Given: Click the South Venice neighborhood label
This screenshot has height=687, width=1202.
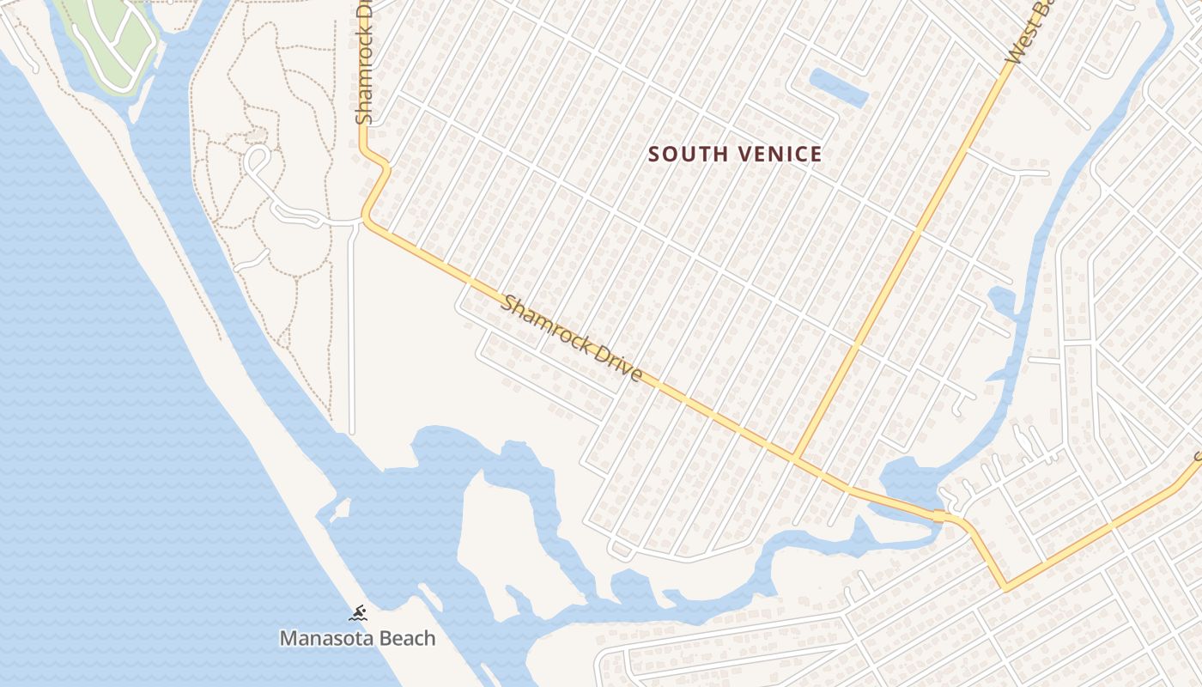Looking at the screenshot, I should [735, 155].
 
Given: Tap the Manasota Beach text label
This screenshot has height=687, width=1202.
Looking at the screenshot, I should [357, 638].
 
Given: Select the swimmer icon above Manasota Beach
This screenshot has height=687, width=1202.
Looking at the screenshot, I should [358, 613].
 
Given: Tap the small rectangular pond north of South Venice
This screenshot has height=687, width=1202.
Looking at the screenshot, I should [839, 87].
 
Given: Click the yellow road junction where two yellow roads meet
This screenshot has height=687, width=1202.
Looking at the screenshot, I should [796, 459].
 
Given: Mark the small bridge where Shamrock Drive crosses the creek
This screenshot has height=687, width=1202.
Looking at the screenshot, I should [941, 516].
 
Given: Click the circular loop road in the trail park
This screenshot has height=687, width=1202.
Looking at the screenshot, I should [257, 158].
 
